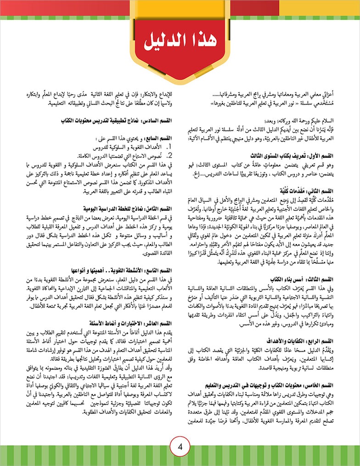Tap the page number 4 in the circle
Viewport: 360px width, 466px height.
(180, 447)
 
